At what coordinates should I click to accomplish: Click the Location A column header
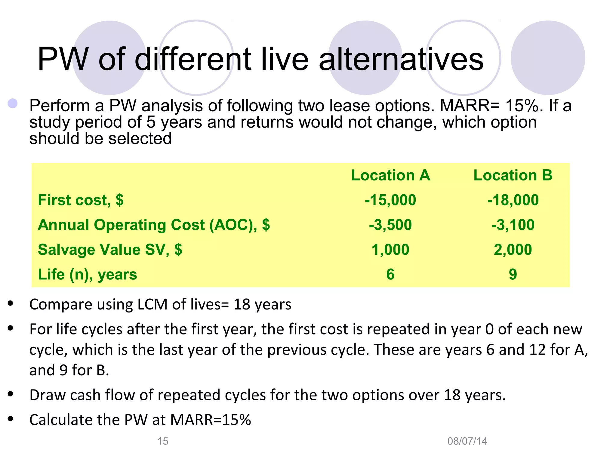pos(390,175)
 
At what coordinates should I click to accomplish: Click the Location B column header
pos(513,175)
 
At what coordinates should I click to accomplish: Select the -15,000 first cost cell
pos(390,200)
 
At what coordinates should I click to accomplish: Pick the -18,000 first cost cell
pos(513,200)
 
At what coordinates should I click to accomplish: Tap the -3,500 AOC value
pos(390,225)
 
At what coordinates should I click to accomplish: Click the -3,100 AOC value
pos(513,225)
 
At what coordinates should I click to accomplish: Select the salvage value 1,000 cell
pos(390,250)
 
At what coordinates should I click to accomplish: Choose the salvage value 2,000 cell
pos(513,250)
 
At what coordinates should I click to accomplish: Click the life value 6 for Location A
pos(390,274)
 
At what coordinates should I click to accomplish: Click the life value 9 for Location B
pos(513,274)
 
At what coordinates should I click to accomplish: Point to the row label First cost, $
pos(81,200)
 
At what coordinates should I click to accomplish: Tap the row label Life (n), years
pos(87,274)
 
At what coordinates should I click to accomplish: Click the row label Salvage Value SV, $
pos(110,250)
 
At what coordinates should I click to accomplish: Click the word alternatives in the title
pos(401,59)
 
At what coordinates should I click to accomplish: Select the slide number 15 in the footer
pos(163,441)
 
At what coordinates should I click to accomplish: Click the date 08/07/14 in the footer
pos(467,441)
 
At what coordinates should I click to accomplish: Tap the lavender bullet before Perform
pos(13,103)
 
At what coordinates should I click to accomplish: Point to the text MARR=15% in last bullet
pos(211,420)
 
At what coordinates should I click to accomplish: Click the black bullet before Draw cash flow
pos(11,394)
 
